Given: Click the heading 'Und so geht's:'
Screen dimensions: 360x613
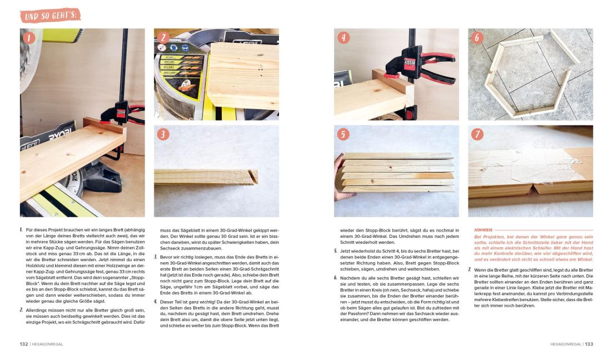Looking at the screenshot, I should (x=50, y=15).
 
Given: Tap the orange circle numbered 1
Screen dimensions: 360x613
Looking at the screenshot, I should (x=28, y=38).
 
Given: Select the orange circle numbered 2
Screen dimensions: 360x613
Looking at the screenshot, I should (x=162, y=38).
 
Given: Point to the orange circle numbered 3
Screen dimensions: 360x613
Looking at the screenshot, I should (x=163, y=134).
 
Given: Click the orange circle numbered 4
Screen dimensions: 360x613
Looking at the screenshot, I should (x=343, y=38).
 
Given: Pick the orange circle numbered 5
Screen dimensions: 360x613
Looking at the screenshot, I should (x=343, y=134).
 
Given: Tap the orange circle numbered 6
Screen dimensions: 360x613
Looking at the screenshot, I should (x=477, y=38).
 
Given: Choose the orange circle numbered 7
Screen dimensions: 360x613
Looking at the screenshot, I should (x=477, y=134).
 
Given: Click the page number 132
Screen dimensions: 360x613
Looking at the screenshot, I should (x=24, y=344).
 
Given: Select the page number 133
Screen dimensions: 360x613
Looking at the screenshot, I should (x=589, y=344).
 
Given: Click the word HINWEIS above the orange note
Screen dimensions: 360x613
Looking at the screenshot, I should (x=484, y=229).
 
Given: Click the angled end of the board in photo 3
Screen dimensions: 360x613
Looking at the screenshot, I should (x=253, y=177).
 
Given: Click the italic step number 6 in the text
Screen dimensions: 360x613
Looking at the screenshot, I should (x=335, y=277).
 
